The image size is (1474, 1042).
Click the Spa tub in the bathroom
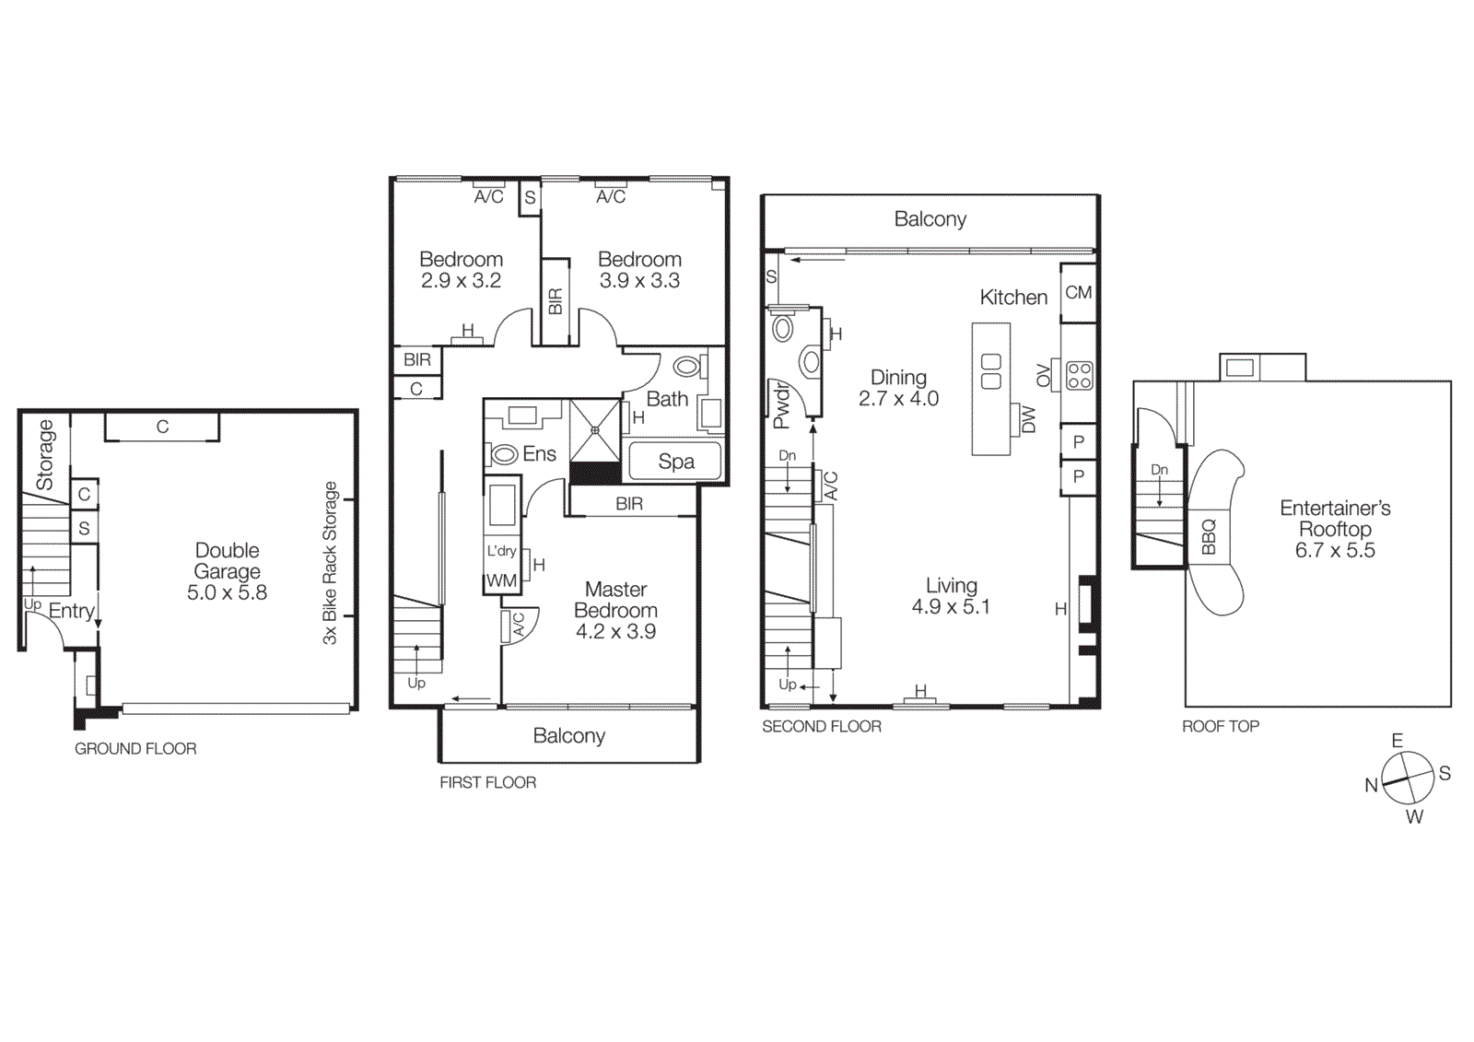pyautogui.click(x=675, y=462)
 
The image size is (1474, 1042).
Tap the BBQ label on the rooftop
pyautogui.click(x=1209, y=537)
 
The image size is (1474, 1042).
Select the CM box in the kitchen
pyautogui.click(x=1078, y=293)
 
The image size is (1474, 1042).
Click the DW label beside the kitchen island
pyautogui.click(x=1028, y=420)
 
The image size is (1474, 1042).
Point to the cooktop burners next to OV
pyautogui.click(x=1079, y=375)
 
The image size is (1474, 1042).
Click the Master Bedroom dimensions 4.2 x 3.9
pyautogui.click(x=615, y=632)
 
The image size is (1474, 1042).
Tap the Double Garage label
pyautogui.click(x=227, y=560)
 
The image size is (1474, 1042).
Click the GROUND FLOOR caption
pyautogui.click(x=135, y=749)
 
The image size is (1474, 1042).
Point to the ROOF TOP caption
pyautogui.click(x=1220, y=726)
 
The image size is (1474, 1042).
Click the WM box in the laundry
pyautogui.click(x=501, y=581)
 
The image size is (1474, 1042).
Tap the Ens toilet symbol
pyautogui.click(x=504, y=454)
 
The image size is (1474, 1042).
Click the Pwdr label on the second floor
pyautogui.click(x=781, y=405)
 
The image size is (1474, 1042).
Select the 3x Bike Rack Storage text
pyautogui.click(x=330, y=562)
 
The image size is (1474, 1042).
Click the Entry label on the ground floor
pyautogui.click(x=71, y=611)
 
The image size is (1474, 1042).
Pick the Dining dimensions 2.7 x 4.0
pyautogui.click(x=898, y=399)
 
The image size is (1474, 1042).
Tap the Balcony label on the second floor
pyautogui.click(x=930, y=219)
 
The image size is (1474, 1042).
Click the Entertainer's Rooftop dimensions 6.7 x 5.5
pyautogui.click(x=1334, y=551)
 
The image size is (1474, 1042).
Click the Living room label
pyautogui.click(x=951, y=586)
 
